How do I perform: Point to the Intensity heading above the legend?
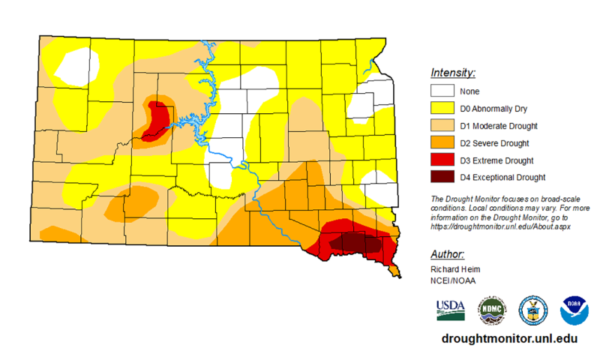[453, 73]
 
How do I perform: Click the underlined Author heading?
[448, 253]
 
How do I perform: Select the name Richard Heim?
[455, 268]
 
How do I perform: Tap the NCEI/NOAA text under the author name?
[453, 280]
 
